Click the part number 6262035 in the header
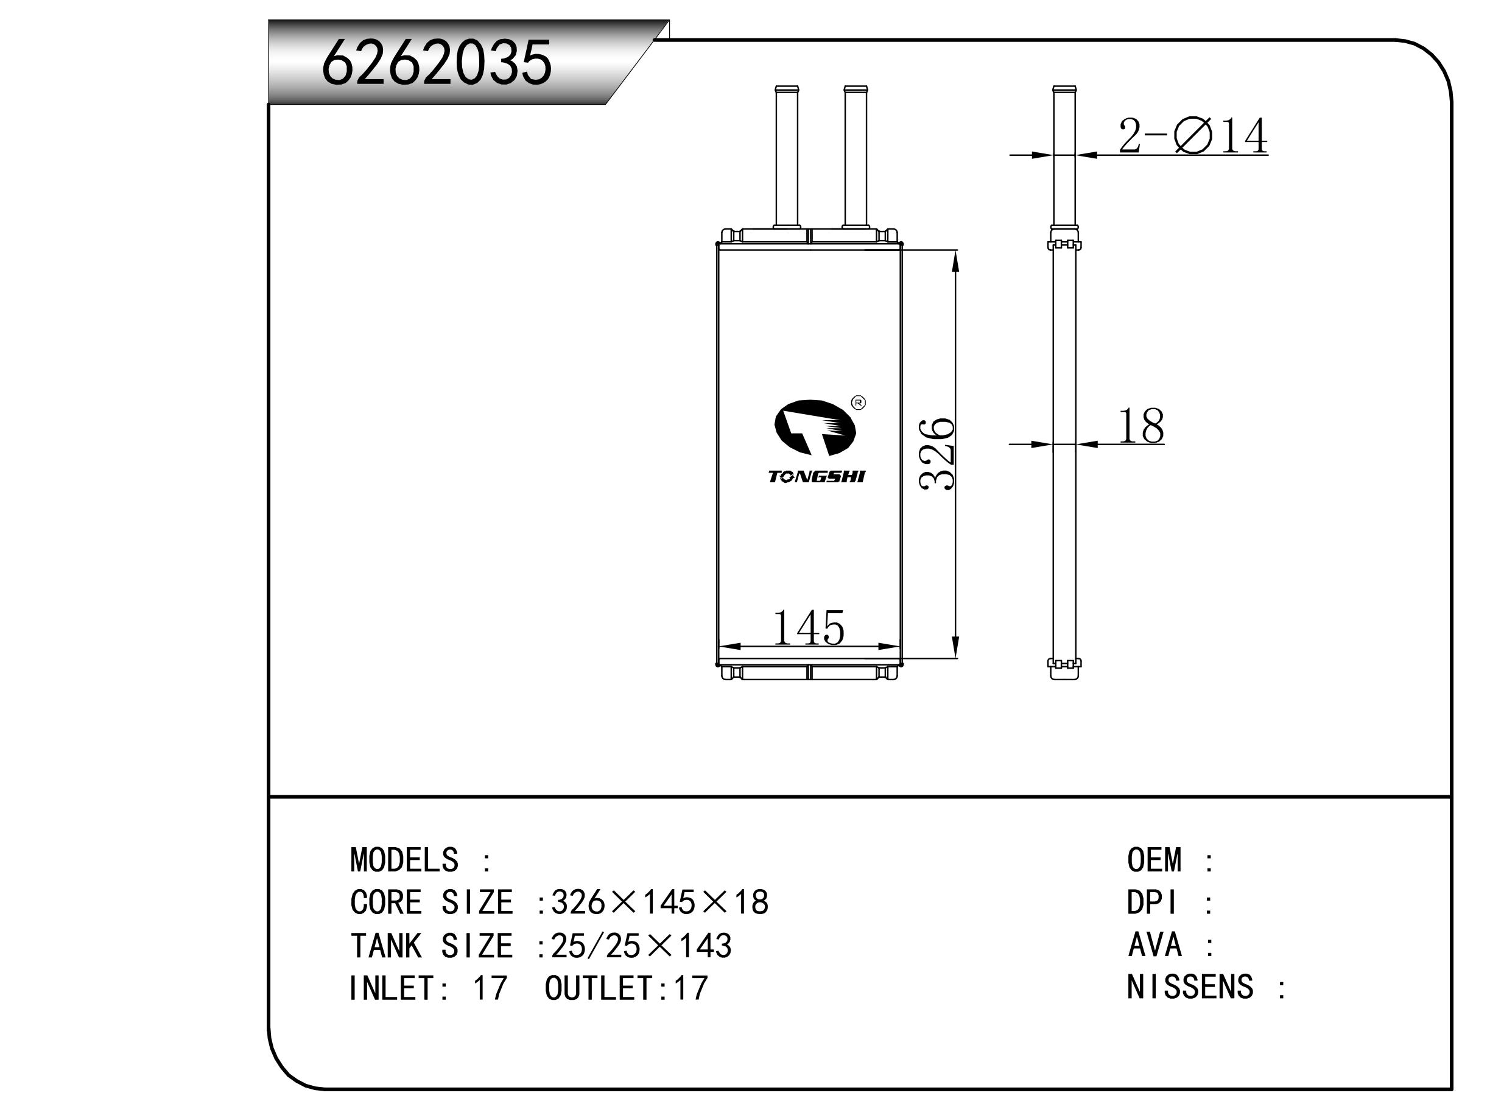pos(437,63)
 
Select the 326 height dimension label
pos(937,454)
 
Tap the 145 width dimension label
pos(808,627)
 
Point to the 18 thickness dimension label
pos(1141,426)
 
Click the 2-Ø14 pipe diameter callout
pos(1192,136)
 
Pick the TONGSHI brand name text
pos(817,477)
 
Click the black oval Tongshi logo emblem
pos(815,428)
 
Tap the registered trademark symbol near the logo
pos(859,403)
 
